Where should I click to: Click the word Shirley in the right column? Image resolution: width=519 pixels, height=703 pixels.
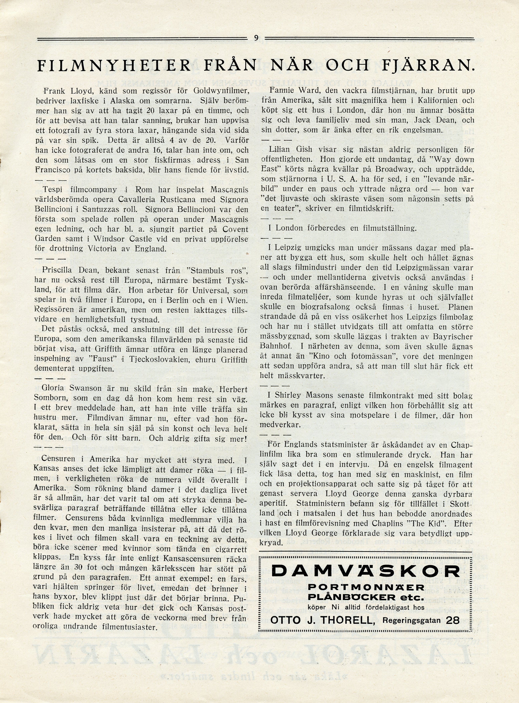coord(288,396)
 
